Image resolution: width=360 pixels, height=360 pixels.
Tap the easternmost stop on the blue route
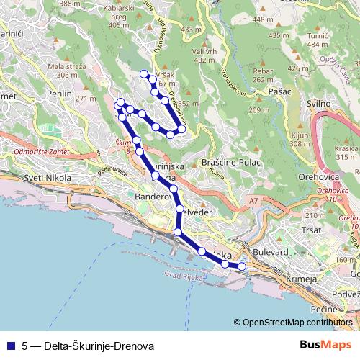[x=242, y=266]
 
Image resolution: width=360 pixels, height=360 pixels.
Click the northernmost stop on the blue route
[x=144, y=73]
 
